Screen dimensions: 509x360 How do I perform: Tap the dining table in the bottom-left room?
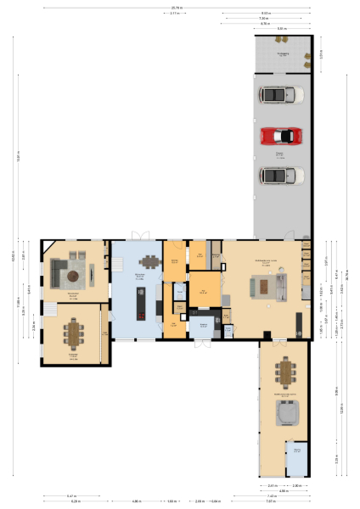(x=74, y=333)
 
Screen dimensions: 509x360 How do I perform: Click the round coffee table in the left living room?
(x=74, y=275)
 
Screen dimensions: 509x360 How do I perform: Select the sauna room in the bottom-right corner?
(x=297, y=458)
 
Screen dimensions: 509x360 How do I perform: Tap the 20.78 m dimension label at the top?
(x=176, y=8)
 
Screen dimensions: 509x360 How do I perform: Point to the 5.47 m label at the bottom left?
(x=70, y=495)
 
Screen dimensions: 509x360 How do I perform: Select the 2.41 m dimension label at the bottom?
(x=273, y=485)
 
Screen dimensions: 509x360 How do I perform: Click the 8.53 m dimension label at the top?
(x=266, y=13)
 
